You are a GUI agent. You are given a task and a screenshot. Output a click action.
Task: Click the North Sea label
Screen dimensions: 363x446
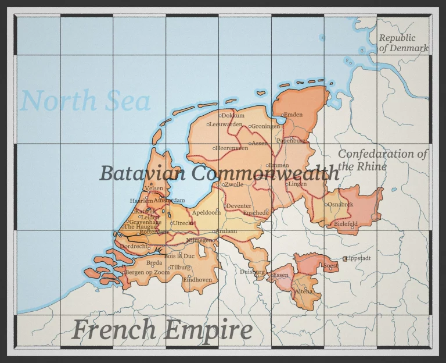click(x=85, y=101)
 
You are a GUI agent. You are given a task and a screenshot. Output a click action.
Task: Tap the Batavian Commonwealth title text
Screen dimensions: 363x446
click(x=219, y=173)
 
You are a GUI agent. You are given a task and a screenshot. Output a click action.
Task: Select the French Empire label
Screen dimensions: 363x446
click(x=162, y=330)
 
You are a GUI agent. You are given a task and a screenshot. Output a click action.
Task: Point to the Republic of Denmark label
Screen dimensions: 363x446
click(x=403, y=43)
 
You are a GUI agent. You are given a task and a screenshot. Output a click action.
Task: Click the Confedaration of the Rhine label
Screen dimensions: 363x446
click(x=382, y=159)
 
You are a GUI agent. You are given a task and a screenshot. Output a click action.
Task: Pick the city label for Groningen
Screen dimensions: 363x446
click(x=265, y=126)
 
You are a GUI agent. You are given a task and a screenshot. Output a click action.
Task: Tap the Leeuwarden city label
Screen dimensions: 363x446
click(x=226, y=124)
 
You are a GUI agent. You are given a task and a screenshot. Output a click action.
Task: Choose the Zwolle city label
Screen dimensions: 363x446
click(x=235, y=184)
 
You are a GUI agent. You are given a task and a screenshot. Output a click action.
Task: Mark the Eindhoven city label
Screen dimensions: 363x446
click(x=197, y=280)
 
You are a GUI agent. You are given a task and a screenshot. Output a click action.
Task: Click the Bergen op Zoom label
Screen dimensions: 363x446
click(x=148, y=272)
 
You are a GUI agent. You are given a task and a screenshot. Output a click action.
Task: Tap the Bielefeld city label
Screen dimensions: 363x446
click(x=346, y=223)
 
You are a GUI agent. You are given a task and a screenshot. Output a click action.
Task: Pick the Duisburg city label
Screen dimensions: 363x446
click(x=252, y=272)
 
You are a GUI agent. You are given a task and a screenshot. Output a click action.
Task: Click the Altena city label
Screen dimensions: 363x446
click(x=304, y=291)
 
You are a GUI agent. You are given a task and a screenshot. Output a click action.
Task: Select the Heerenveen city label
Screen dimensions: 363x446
click(x=232, y=148)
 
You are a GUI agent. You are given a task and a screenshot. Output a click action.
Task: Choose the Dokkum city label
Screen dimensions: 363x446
click(x=233, y=116)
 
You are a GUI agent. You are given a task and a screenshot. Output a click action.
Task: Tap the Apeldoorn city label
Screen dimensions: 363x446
click(x=206, y=213)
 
